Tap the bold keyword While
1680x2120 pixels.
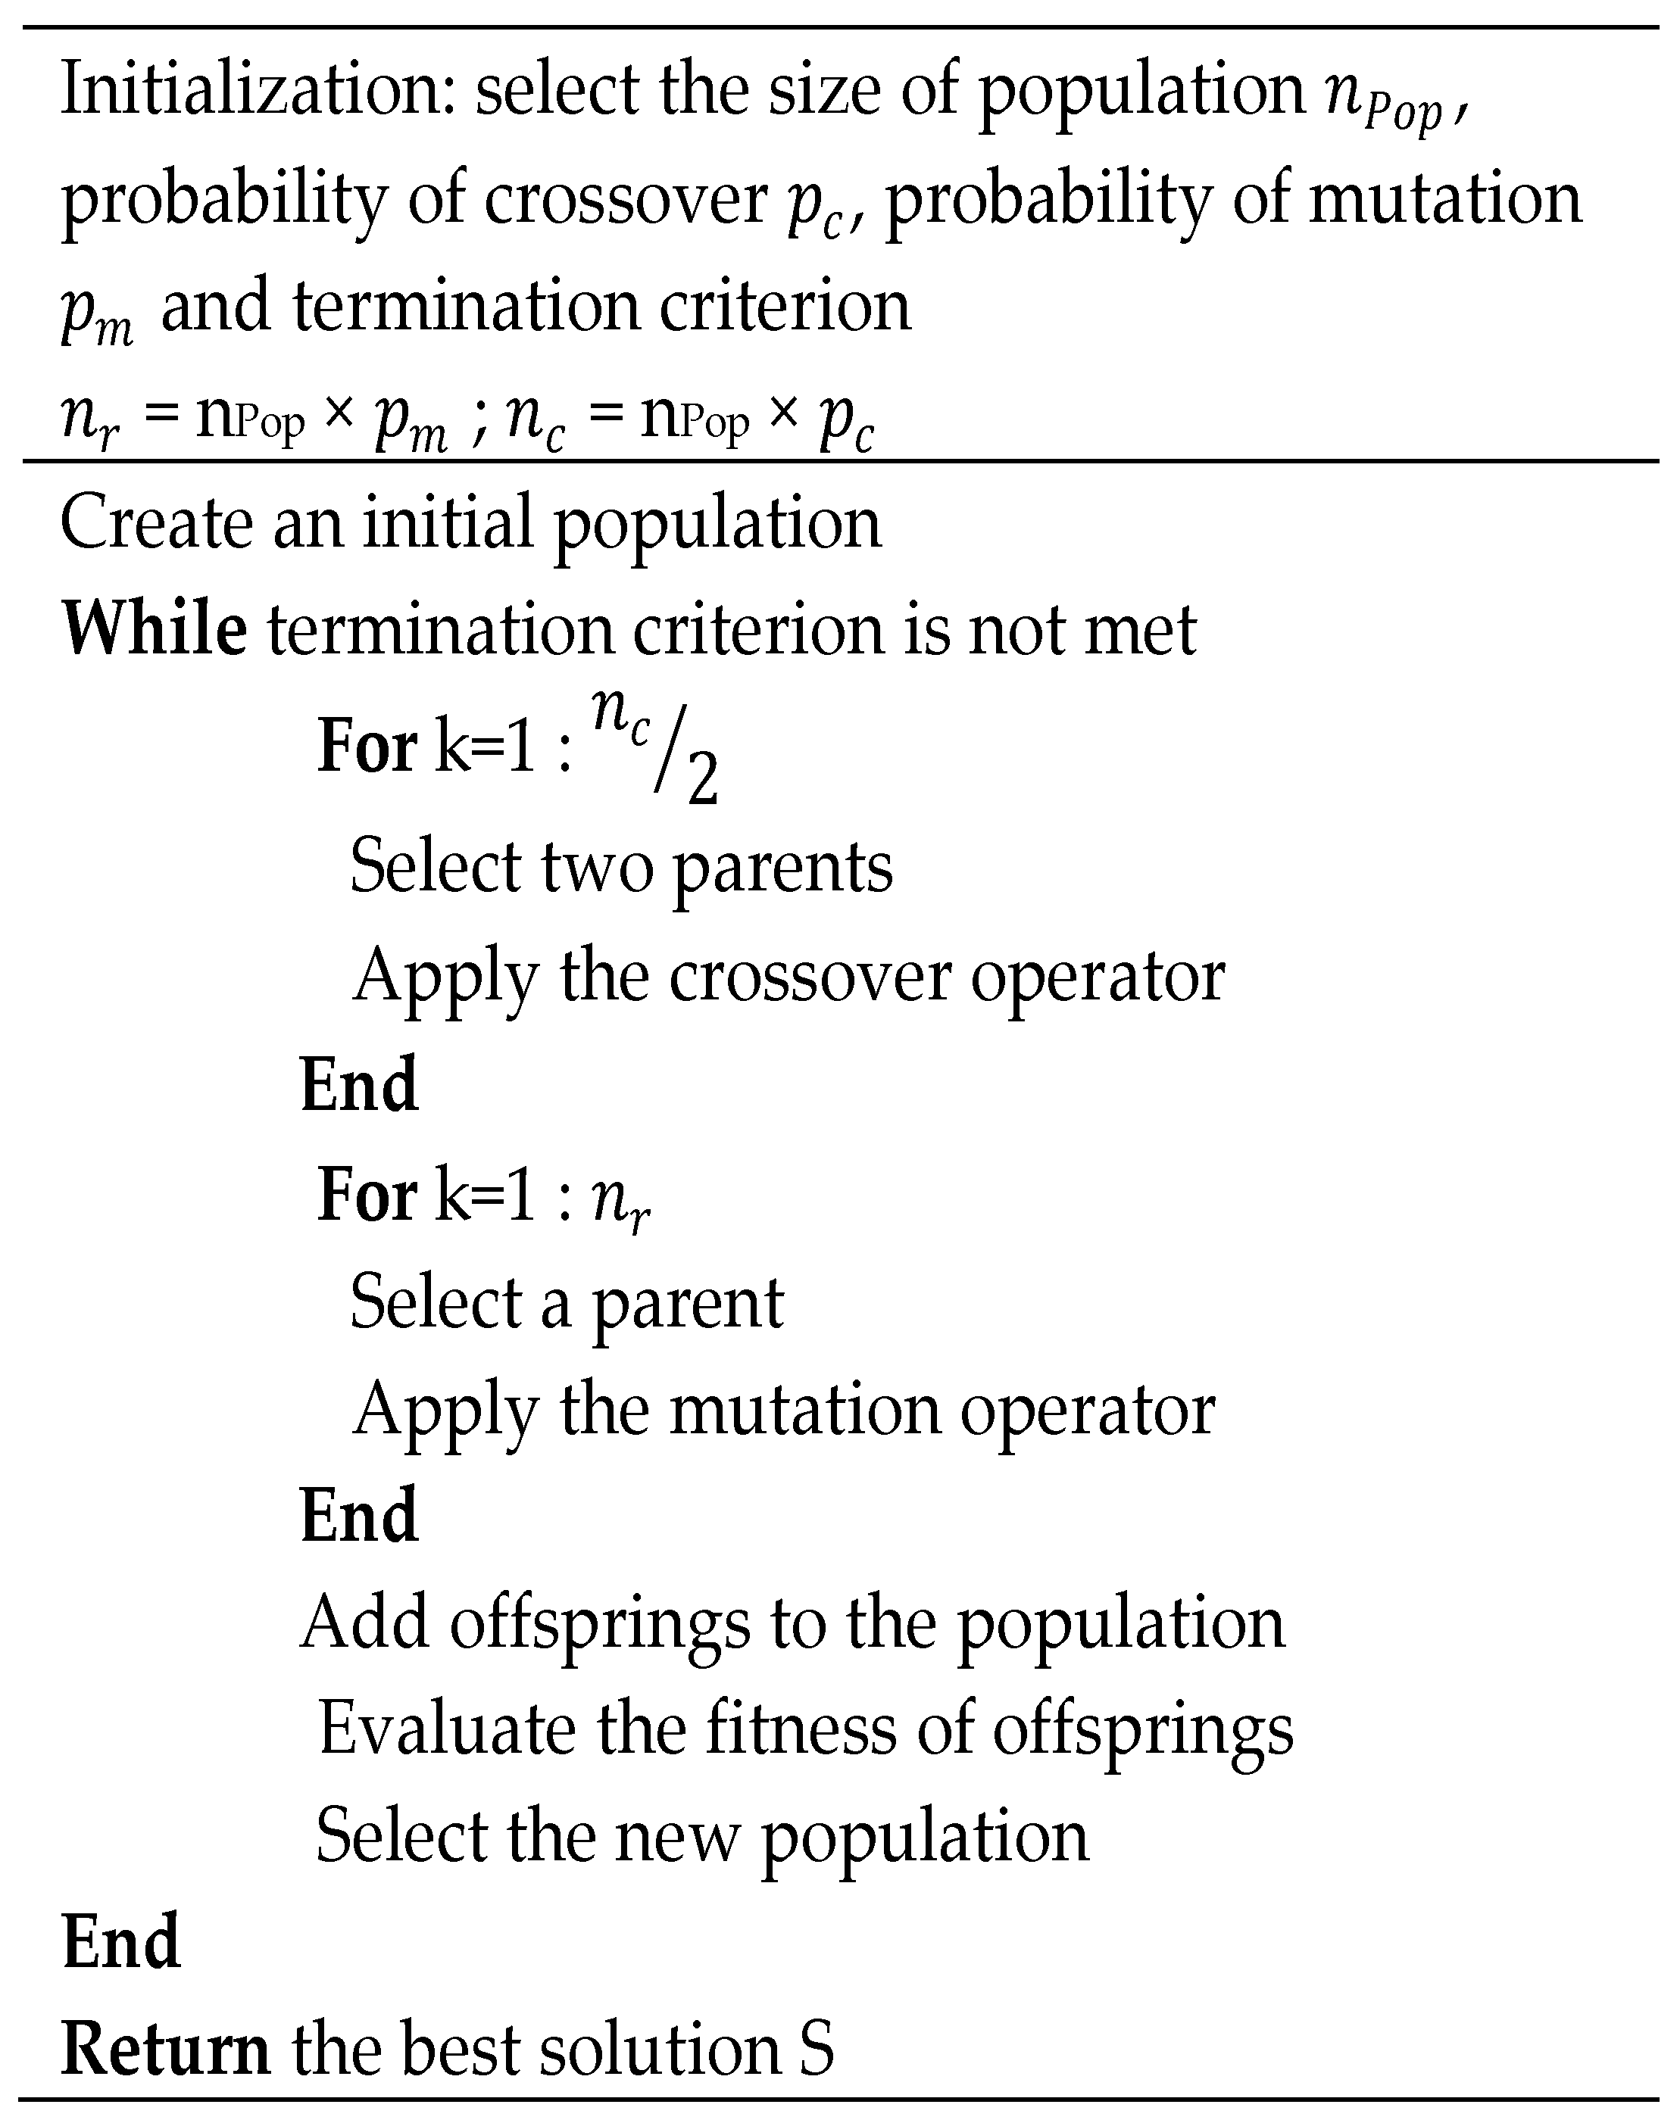click(155, 629)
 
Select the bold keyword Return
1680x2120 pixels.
click(165, 2048)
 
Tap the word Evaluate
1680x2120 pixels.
click(448, 1729)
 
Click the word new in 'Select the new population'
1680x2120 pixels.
click(676, 1836)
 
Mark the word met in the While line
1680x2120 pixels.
click(1140, 629)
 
